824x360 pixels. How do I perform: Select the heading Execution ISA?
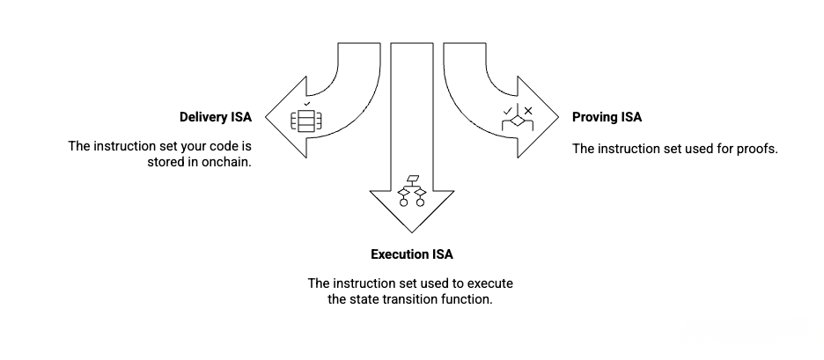411,255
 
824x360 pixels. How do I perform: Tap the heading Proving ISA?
607,117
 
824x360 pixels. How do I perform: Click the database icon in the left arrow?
305,121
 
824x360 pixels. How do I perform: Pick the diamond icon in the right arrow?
516,121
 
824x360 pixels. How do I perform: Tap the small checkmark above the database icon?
306,104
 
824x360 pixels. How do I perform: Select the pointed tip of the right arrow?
558,117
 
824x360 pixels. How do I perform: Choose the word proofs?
758,148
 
